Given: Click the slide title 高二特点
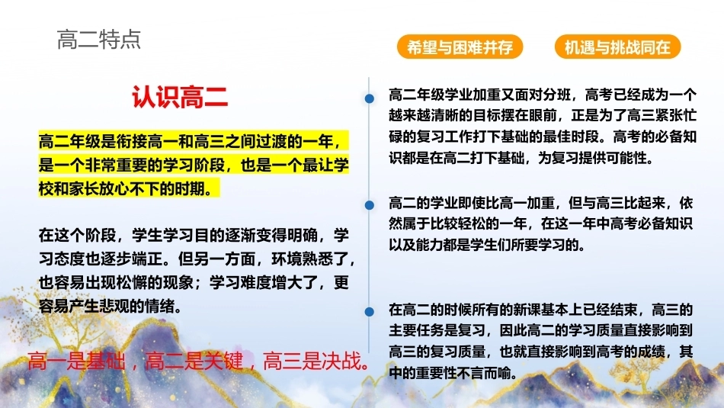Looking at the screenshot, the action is (99, 40).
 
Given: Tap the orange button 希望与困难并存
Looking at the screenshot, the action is (460, 47).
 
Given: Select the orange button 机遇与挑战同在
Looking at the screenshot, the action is (618, 47).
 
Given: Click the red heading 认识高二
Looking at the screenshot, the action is (180, 97).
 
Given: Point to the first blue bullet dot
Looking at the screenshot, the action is (370, 98).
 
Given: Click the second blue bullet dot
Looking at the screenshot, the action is (370, 205).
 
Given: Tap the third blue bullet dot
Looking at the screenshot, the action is (370, 312).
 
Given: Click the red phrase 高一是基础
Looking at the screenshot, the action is (76, 361).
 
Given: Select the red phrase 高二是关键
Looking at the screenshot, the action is (194, 361).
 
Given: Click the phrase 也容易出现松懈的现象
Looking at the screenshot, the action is (116, 282).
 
